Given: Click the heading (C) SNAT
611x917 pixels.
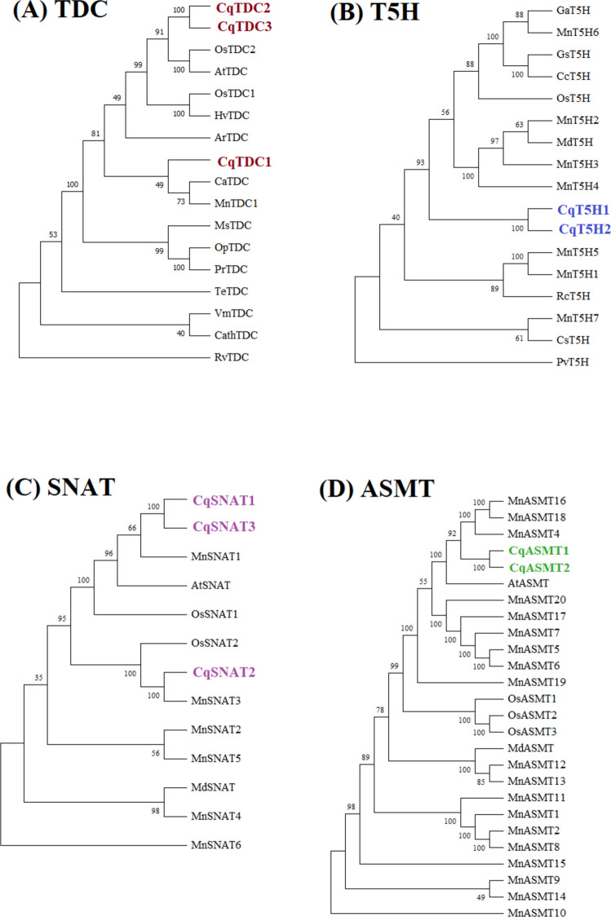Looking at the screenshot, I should [x=59, y=488].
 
